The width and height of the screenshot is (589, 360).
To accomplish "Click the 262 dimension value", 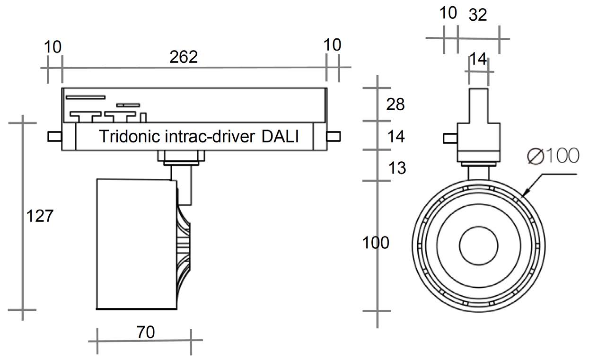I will (184, 57).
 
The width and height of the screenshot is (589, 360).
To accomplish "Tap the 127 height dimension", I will (40, 216).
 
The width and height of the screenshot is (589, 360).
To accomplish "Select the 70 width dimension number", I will (146, 332).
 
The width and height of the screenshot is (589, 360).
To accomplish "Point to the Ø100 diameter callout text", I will (553, 156).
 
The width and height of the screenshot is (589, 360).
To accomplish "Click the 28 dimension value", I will (396, 104).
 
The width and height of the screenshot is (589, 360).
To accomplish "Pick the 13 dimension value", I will (397, 168).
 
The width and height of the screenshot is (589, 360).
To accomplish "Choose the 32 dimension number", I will (478, 15).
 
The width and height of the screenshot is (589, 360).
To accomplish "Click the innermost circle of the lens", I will (478, 245).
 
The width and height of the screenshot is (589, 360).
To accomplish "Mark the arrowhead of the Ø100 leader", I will (525, 193).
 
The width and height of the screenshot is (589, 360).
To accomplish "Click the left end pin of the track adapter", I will (54, 136).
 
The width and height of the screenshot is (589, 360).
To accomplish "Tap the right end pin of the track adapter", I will (334, 136).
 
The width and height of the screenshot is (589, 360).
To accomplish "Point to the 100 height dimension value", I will (376, 243).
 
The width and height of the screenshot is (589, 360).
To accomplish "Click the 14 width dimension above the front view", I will (478, 59).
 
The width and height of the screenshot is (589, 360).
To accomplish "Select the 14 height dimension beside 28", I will (396, 137).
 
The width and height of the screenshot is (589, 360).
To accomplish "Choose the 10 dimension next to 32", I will (448, 13).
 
